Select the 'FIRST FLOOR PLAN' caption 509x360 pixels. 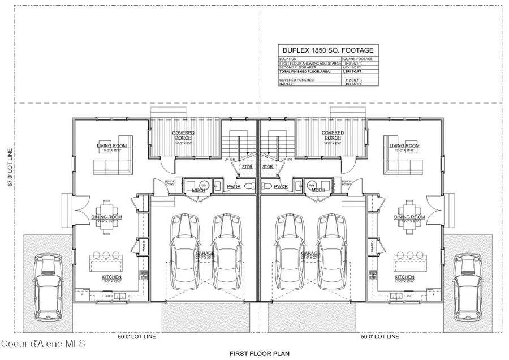[x=255, y=353]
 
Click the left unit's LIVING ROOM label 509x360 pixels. [x=111, y=146]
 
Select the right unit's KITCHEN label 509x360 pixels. [x=405, y=277]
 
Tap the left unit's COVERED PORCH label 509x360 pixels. [x=183, y=135]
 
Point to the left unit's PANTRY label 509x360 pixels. [x=144, y=247]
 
